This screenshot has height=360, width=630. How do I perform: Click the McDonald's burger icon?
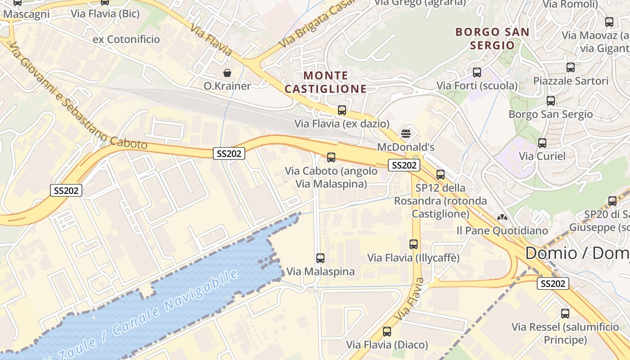[406, 133]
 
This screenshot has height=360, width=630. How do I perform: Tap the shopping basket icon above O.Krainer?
[227, 72]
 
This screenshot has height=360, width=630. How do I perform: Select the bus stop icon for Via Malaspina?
[320, 258]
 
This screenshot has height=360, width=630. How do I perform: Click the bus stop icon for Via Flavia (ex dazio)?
[342, 110]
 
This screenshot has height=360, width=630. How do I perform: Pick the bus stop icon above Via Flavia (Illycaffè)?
[414, 244]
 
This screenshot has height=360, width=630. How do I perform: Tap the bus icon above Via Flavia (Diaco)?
[387, 332]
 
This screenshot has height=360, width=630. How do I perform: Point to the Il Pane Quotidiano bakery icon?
[502, 218]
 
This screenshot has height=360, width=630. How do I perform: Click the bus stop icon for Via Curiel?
[542, 143]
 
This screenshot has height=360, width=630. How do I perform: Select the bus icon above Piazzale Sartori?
[571, 67]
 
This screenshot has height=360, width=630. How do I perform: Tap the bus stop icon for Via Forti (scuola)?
[477, 72]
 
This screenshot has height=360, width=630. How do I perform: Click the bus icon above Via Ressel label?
[565, 314]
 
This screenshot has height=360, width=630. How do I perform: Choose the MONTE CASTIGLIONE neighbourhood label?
[325, 82]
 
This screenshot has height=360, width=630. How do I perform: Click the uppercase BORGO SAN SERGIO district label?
[492, 38]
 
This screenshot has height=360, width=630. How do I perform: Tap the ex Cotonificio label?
[126, 39]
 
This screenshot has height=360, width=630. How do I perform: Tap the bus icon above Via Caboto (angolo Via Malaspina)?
[331, 157]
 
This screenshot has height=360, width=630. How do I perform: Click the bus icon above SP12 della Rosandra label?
[441, 175]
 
